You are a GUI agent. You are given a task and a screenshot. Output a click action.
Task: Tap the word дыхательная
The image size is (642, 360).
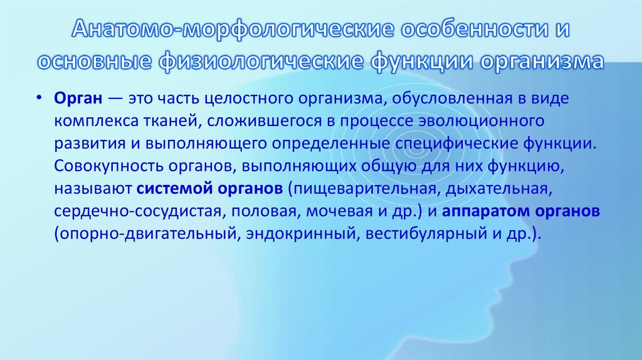tap(502, 189)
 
